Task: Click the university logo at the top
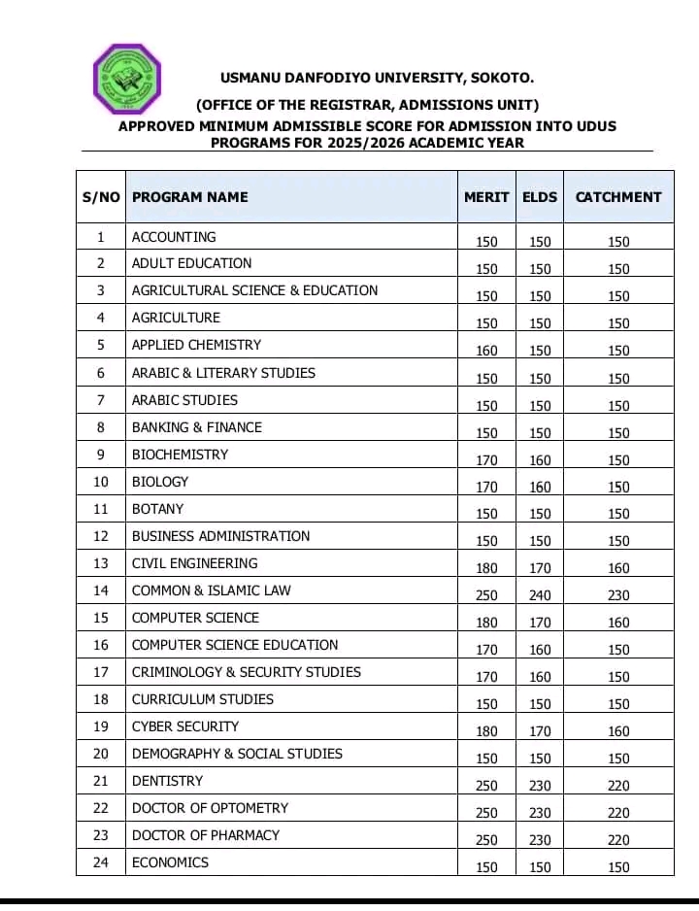coord(126,78)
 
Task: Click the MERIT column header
coord(486,197)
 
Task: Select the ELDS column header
coord(540,197)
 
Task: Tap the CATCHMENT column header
coord(618,197)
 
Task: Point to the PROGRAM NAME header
coord(190,197)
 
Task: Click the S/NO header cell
coord(101,197)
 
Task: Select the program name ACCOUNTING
coord(174,237)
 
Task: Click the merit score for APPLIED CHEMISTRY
coord(486,351)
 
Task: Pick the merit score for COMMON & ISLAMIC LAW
coord(486,595)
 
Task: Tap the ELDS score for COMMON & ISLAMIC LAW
coord(541,595)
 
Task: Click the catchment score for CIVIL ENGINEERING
coord(618,568)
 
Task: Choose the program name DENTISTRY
coord(168,781)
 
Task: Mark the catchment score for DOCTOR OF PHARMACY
coord(618,840)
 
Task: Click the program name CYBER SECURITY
coord(185,726)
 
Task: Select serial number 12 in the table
coord(101,536)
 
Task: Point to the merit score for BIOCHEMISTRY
coord(486,460)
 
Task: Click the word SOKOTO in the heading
coord(501,78)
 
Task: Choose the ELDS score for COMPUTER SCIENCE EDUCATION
coord(541,650)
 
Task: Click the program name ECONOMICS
coord(170,862)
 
